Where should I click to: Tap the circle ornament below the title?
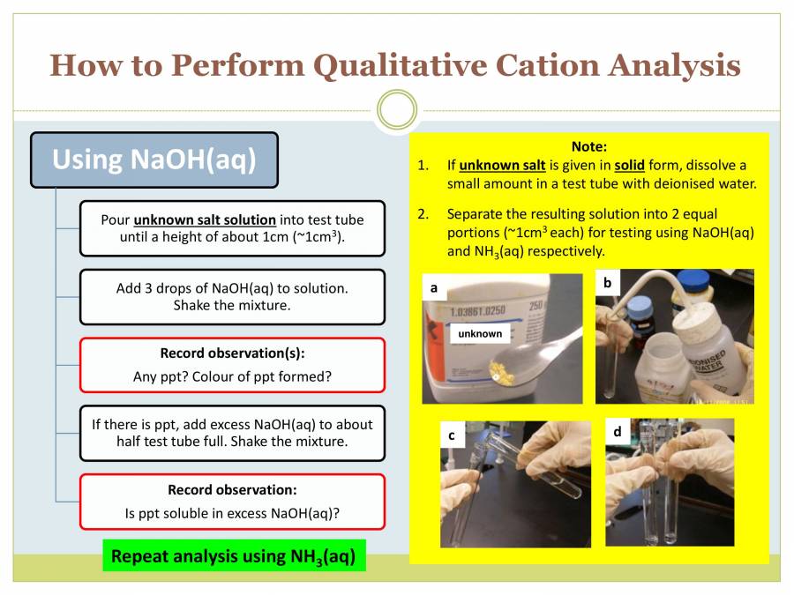396,110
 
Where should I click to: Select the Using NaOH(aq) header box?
154,160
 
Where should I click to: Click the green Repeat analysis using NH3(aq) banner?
234,556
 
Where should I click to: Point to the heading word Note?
589,147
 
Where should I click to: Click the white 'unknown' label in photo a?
480,333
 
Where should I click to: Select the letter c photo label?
452,435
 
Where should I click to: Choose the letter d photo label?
617,432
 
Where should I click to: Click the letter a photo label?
434,287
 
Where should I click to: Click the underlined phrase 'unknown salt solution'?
205,219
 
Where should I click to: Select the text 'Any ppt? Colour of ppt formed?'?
232,376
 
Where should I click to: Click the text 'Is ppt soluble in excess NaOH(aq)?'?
232,512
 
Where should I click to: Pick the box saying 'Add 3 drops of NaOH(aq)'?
232,296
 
